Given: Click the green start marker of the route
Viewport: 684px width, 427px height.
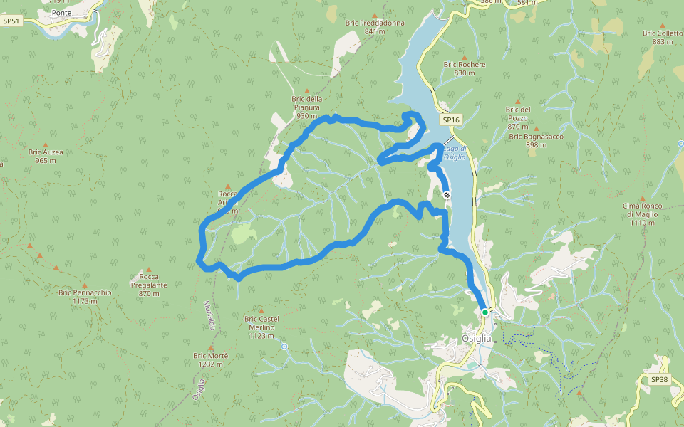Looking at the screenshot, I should click(x=484, y=312).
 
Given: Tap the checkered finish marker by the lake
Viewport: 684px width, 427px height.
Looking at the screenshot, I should click(x=447, y=194).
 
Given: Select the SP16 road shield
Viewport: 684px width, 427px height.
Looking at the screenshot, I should click(x=450, y=120).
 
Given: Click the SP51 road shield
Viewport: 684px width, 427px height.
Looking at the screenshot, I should click(x=11, y=21).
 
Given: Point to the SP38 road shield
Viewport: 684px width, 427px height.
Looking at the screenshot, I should click(x=660, y=379).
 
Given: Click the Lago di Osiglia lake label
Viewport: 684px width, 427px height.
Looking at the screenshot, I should click(x=455, y=153).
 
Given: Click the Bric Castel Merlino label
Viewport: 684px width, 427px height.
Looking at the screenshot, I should click(x=261, y=327).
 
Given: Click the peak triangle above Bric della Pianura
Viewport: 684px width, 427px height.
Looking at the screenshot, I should click(x=307, y=91).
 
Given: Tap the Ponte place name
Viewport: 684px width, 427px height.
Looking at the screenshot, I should click(x=62, y=12).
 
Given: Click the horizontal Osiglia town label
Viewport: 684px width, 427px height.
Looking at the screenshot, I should click(x=477, y=339).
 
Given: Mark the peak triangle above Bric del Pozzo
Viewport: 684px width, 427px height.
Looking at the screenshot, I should click(x=518, y=101).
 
